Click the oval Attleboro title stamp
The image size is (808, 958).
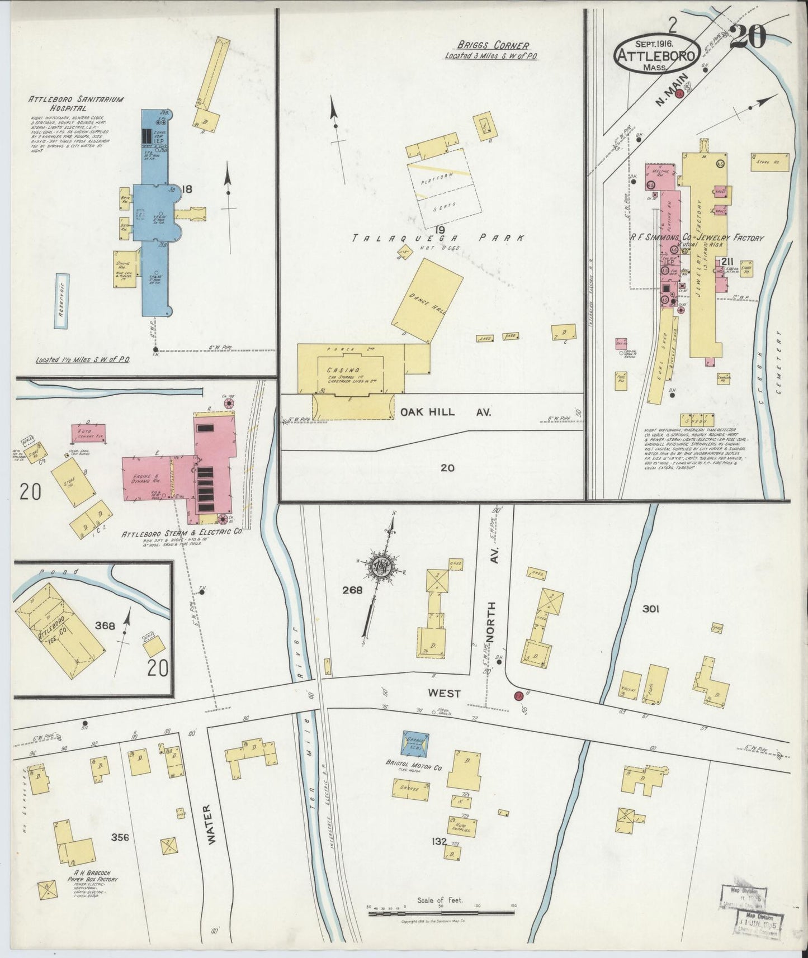[x=656, y=54]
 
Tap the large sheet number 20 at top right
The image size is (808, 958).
[x=748, y=38]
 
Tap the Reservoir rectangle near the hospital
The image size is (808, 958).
[x=63, y=301]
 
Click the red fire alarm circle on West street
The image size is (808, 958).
[x=519, y=696]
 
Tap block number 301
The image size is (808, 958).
[x=650, y=609]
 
